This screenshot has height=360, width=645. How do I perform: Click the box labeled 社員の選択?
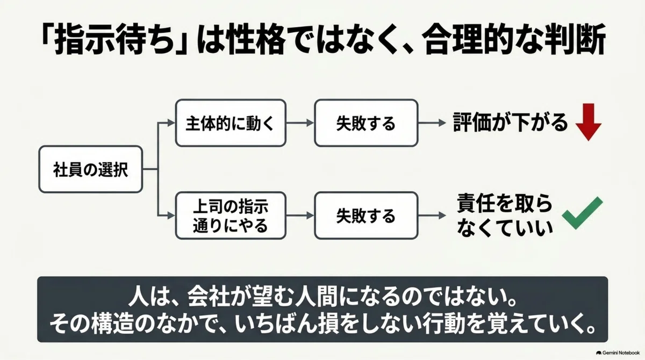[91, 169]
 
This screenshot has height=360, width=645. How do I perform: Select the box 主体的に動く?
[231, 123]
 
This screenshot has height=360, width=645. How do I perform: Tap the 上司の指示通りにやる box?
[231, 215]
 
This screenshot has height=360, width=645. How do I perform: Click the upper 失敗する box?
[366, 123]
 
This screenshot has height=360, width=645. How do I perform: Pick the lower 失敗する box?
[366, 215]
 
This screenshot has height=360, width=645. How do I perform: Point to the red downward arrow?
[589, 122]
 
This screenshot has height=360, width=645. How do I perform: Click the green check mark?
[582, 213]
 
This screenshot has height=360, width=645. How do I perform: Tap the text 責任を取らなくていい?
[505, 215]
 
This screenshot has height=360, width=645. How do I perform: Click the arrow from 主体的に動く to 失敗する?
[300, 123]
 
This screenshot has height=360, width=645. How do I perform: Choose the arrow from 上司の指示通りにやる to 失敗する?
[300, 215]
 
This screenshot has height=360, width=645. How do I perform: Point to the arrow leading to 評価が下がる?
[432, 123]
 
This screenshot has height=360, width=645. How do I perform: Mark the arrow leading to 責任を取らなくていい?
[432, 215]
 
